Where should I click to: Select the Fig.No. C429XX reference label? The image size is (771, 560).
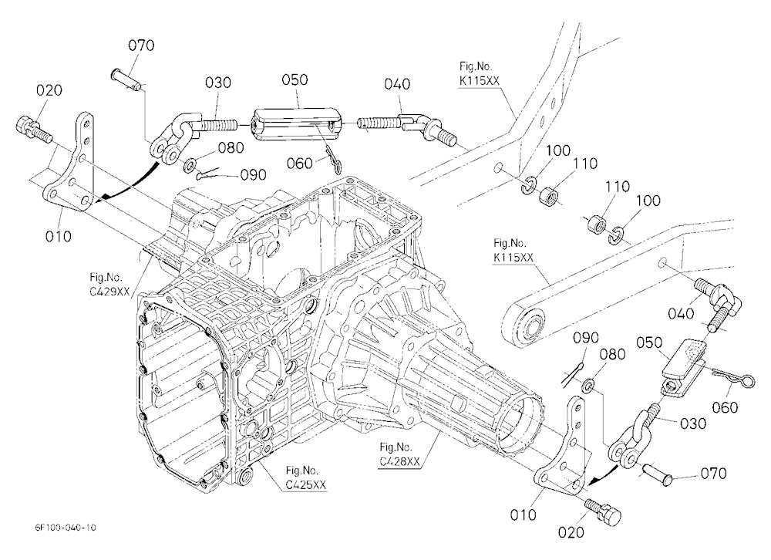pos(109,284)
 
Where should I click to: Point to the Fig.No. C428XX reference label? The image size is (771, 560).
pos(399,454)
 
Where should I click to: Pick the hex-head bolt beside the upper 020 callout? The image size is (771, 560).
pos(34,129)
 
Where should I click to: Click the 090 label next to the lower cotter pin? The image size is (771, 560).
pos(587,338)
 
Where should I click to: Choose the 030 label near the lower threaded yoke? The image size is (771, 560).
pos(692,423)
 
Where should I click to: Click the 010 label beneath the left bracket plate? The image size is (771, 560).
pos(58,236)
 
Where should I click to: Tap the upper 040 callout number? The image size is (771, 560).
pos(397,83)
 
